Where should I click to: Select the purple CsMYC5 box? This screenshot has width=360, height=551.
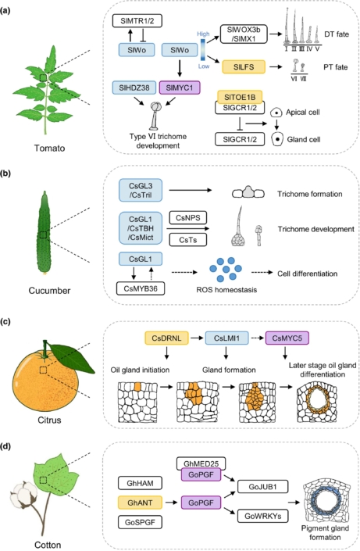287,338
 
